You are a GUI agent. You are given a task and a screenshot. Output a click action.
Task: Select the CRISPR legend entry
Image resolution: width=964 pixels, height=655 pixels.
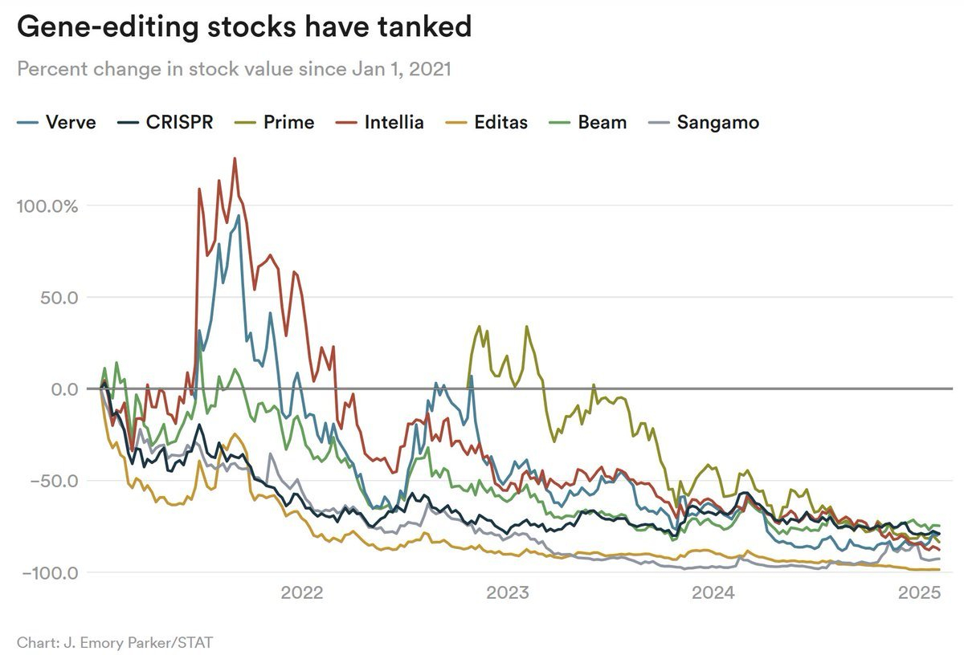[x=168, y=123]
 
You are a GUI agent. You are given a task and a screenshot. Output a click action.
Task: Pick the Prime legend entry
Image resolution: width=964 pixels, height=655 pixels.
[x=278, y=123]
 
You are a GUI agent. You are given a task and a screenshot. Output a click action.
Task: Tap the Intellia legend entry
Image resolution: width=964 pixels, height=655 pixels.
[x=382, y=123]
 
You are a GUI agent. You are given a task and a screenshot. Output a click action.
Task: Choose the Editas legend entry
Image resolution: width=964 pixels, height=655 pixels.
[x=489, y=123]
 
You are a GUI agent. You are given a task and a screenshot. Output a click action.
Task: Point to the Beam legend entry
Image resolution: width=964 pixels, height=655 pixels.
[x=591, y=123]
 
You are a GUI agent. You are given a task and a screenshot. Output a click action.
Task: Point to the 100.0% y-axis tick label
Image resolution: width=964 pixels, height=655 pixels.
[x=47, y=205]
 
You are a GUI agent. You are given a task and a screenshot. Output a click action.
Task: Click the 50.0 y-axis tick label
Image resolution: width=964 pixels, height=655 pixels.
[x=58, y=297]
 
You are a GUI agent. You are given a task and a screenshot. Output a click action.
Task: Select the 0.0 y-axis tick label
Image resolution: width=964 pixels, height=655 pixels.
[x=63, y=389]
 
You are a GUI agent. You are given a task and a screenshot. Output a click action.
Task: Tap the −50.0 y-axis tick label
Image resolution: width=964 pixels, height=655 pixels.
[x=54, y=481]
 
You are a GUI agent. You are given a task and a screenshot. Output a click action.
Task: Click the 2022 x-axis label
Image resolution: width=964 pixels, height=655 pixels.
[x=301, y=594]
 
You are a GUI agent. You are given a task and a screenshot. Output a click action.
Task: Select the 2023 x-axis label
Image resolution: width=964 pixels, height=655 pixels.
[x=508, y=594]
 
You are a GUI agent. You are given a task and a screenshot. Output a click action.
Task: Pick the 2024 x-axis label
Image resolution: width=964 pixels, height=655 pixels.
[x=713, y=594]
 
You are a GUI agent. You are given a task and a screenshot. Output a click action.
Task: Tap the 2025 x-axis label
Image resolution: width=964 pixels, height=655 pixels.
[x=919, y=594]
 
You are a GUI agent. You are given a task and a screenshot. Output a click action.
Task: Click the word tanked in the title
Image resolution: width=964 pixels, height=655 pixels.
[x=416, y=27]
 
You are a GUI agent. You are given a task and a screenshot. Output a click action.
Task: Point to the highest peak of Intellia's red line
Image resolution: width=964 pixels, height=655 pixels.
[x=235, y=158]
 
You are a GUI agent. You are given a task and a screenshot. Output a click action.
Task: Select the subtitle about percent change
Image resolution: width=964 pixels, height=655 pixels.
[x=234, y=69]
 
